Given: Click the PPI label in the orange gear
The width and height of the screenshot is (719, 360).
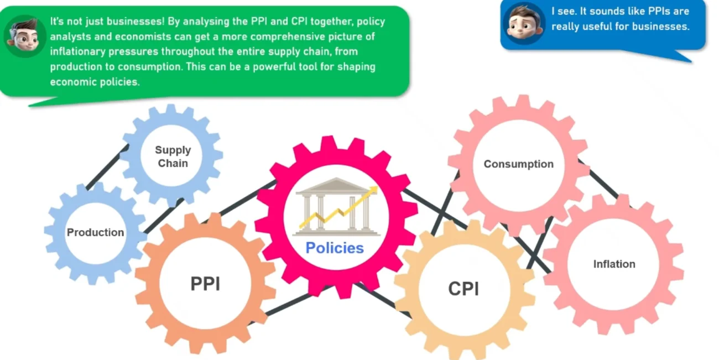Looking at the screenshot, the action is pyautogui.click(x=205, y=284).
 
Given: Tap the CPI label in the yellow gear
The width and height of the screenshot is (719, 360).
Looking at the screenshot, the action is pyautogui.click(x=463, y=289).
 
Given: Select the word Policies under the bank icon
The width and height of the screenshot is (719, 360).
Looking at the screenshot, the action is pyautogui.click(x=335, y=248).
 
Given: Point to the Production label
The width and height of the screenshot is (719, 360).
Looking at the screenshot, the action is pyautogui.click(x=95, y=232).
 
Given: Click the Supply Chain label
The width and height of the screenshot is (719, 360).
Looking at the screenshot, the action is pyautogui.click(x=173, y=156).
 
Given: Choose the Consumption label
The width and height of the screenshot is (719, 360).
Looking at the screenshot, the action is pyautogui.click(x=519, y=164).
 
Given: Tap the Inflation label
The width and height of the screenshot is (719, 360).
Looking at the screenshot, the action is pyautogui.click(x=614, y=264).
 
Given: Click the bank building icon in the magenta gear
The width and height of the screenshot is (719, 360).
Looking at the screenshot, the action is pyautogui.click(x=336, y=207).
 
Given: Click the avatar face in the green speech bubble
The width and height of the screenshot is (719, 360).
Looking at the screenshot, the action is pyautogui.click(x=24, y=36).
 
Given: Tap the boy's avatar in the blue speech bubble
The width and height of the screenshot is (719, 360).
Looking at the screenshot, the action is pyautogui.click(x=524, y=23).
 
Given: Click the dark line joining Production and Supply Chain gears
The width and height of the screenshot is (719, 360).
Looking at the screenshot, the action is pyautogui.click(x=107, y=167).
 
